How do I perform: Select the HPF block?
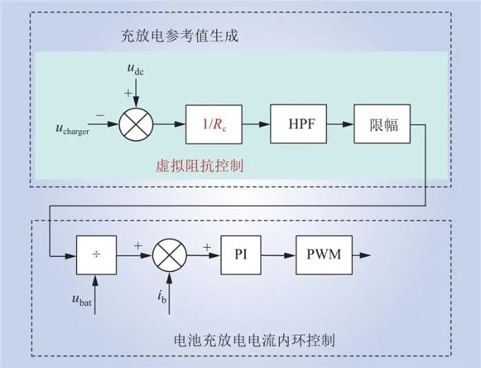tap(297, 125)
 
